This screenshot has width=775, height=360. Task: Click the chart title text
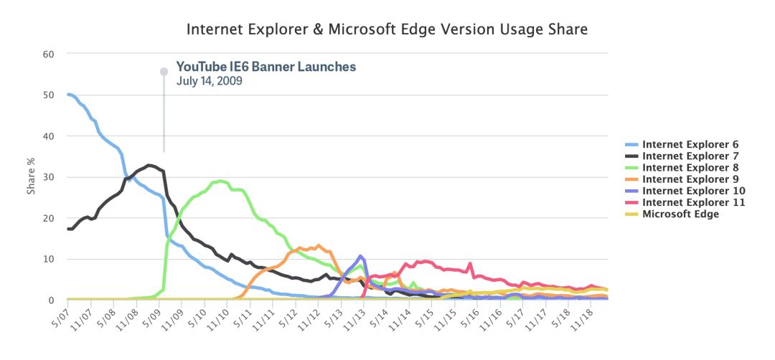click(x=387, y=29)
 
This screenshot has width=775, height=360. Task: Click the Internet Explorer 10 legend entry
click(x=685, y=191)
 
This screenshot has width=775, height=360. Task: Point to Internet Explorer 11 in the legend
click(x=685, y=202)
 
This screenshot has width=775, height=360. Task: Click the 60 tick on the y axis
click(x=48, y=53)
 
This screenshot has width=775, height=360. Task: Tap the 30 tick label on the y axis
click(x=48, y=177)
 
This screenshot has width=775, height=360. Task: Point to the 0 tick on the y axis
click(x=51, y=300)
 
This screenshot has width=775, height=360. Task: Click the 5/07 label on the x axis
click(x=60, y=313)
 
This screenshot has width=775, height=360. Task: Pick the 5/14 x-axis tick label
click(x=380, y=313)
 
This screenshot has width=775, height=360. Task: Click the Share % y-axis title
click(x=31, y=177)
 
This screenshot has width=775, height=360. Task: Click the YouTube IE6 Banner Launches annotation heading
click(x=266, y=66)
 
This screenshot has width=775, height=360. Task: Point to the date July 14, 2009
click(x=209, y=80)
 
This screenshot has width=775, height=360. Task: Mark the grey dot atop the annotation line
click(x=164, y=72)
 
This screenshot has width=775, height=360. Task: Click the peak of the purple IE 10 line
click(x=361, y=256)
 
